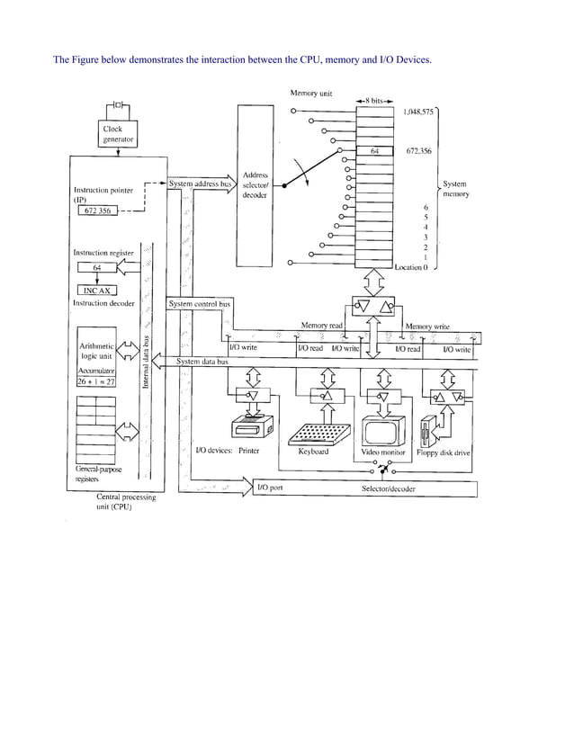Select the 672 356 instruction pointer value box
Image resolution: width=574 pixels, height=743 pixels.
click(98, 210)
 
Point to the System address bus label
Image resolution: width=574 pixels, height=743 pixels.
click(201, 184)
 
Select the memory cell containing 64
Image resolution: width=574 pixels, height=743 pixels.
click(375, 152)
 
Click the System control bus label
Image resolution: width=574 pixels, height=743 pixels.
click(200, 304)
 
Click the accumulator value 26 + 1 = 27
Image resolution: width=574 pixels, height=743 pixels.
click(99, 380)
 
